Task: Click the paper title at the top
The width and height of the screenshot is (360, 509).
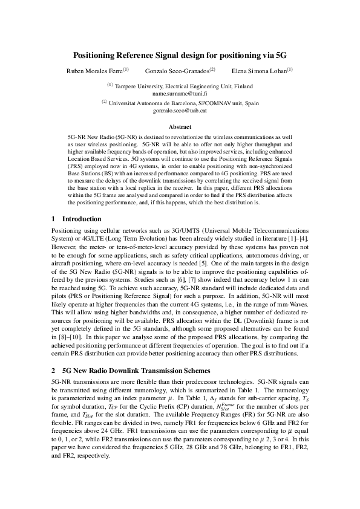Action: (x=180, y=55)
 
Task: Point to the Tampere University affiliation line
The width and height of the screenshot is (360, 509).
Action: (x=180, y=87)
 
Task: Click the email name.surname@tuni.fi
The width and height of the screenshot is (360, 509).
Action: (x=180, y=94)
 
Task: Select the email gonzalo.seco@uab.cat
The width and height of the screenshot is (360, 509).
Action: (x=180, y=112)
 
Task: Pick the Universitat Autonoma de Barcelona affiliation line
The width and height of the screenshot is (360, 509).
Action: (x=180, y=105)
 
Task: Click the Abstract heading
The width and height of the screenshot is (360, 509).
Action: (x=180, y=128)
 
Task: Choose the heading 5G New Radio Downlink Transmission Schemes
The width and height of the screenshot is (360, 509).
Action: (x=136, y=369)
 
